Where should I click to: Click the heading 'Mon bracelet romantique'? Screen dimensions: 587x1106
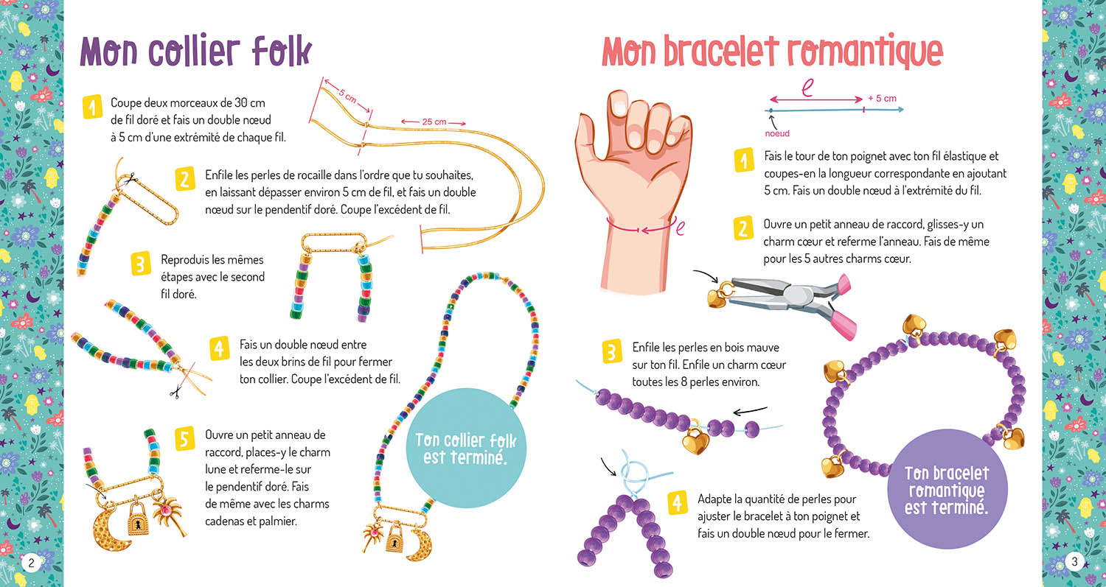click(772, 52)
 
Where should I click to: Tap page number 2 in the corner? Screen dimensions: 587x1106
click(31, 563)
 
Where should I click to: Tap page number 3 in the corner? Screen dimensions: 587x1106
click(1074, 563)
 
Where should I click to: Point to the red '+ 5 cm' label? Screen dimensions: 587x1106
click(882, 98)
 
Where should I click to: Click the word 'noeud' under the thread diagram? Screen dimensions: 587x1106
click(776, 133)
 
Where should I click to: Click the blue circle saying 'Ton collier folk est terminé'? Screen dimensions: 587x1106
click(466, 449)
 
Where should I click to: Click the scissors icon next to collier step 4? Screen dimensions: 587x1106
click(175, 393)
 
